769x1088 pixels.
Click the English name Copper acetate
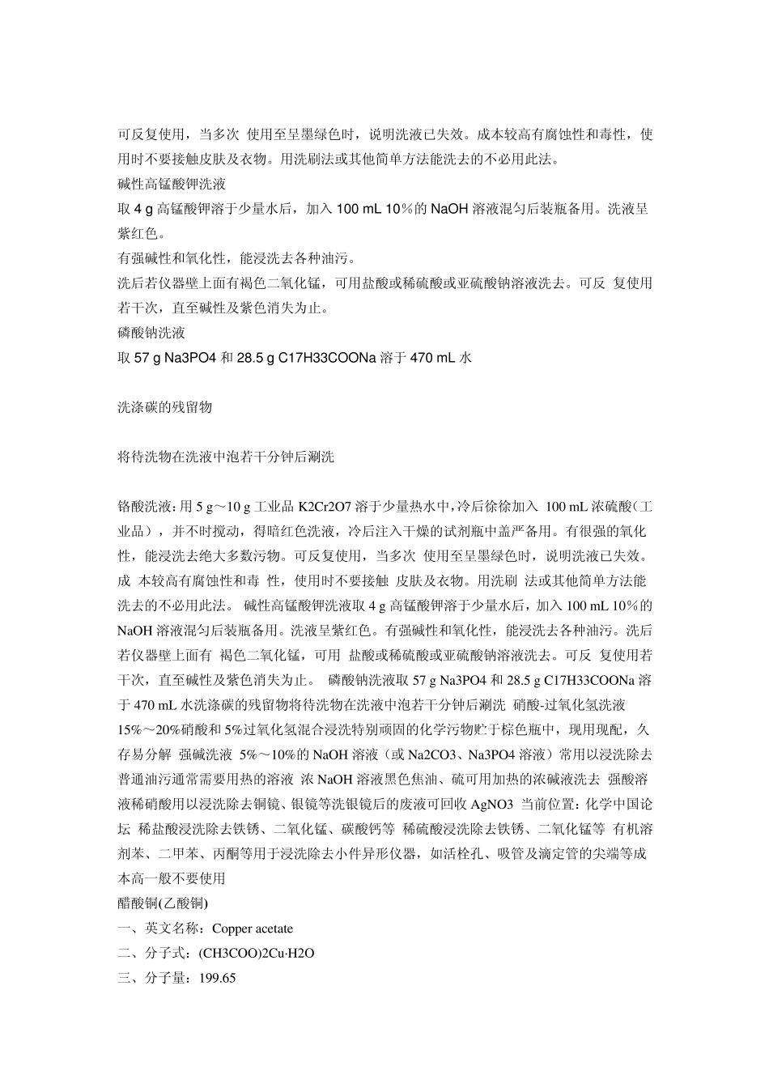pyautogui.click(x=253, y=929)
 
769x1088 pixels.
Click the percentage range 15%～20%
pyautogui.click(x=151, y=730)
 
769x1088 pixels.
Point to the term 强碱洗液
pyautogui.click(x=206, y=755)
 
